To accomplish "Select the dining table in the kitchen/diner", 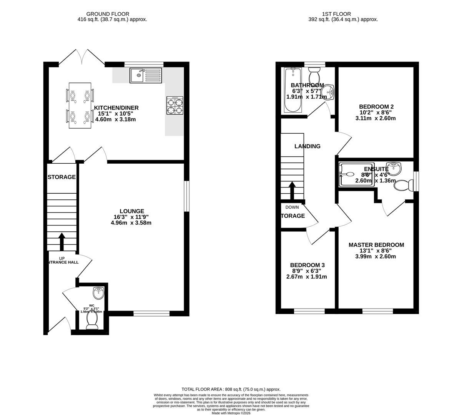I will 80,105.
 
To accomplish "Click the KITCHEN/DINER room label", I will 116,108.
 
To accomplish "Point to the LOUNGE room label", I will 132,211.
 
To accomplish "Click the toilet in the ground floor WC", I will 92,321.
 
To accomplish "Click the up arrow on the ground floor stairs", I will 61,241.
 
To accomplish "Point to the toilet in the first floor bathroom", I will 315,72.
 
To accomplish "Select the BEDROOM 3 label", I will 307,265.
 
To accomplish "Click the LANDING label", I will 307,146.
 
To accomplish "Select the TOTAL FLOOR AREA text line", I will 231,389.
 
